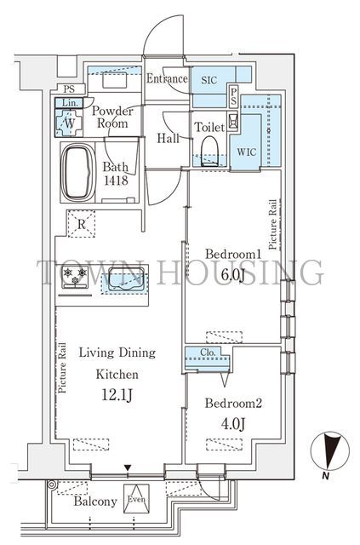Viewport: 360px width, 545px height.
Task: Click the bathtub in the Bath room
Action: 78,173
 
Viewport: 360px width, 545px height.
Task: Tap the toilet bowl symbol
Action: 210,151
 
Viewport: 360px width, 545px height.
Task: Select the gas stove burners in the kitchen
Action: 75,277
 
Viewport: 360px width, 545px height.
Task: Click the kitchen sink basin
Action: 126,278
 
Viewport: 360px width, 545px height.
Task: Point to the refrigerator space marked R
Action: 82,224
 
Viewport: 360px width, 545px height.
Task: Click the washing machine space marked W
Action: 69,123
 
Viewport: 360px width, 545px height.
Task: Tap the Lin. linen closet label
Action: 69,103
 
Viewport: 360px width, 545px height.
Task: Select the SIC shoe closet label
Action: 209,80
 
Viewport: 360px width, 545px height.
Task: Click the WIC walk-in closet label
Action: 246,152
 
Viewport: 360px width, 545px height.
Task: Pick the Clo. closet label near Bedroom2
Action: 208,352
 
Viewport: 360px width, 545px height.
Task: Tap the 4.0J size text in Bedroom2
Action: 233,424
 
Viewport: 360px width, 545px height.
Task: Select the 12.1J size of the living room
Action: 117,395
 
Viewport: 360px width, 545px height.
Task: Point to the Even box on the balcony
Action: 136,499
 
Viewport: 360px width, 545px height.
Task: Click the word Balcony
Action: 95,502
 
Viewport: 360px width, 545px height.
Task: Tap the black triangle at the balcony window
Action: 128,468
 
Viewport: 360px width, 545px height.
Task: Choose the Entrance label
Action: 167,78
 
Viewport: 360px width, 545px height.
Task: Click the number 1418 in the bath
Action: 116,180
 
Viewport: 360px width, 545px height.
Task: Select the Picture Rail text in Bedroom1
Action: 273,224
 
